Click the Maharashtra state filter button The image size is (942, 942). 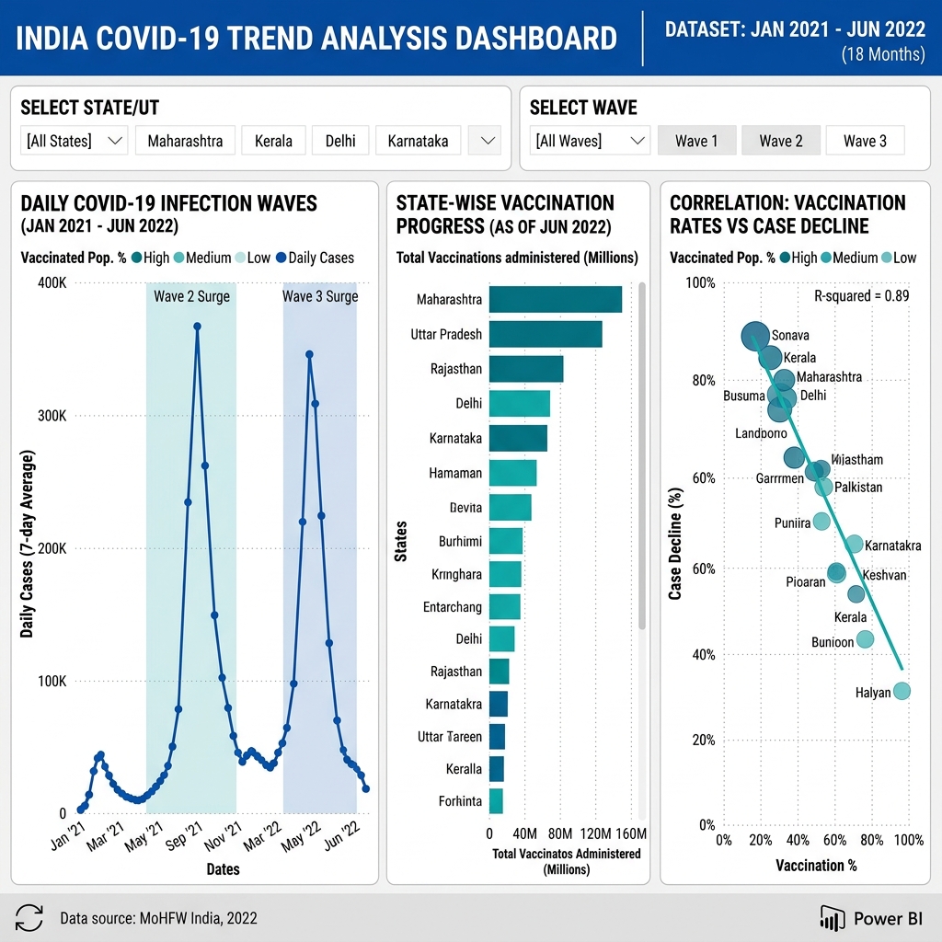tap(185, 141)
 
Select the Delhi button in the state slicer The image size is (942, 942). tap(340, 141)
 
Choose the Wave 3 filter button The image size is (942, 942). tap(865, 141)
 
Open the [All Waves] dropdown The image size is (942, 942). tap(590, 141)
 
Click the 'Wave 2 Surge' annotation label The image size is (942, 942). tap(191, 296)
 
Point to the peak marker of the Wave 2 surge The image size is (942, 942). tap(197, 326)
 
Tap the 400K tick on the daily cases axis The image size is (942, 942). tap(50, 282)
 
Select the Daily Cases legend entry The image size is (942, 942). tap(314, 258)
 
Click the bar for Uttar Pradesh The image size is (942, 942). tap(545, 334)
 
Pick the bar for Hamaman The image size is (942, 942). tap(512, 473)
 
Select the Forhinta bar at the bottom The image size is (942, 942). tap(495, 801)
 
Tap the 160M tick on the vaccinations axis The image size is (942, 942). tap(630, 833)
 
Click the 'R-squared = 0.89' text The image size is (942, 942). tap(862, 295)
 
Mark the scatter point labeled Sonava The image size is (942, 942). tap(755, 337)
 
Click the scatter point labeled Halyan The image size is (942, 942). tap(902, 691)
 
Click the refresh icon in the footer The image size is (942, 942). tap(29, 917)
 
